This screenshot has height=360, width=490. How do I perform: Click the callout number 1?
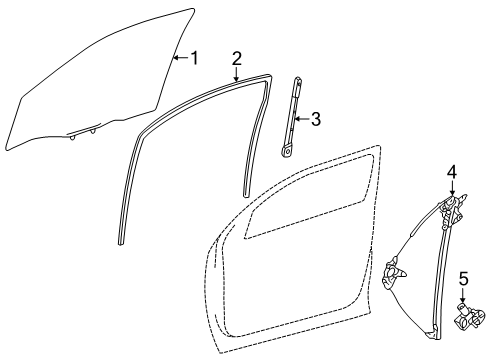(195, 58)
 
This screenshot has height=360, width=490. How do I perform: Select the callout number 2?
(236, 57)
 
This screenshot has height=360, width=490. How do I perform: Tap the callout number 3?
(315, 120)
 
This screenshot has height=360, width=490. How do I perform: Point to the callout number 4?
(452, 173)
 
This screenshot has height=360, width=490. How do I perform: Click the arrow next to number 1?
(180, 58)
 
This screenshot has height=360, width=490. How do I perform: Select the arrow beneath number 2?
(236, 72)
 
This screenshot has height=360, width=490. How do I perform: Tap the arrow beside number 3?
(302, 120)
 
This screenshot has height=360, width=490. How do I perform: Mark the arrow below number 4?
(452, 190)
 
